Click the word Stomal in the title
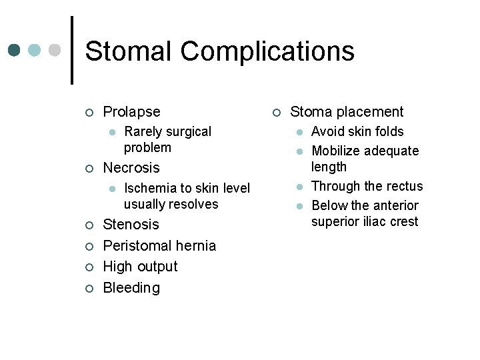(129, 51)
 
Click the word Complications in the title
(267, 51)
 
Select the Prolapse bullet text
(131, 112)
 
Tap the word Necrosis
(131, 168)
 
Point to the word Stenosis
(131, 225)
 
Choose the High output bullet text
(140, 267)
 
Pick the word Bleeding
(131, 288)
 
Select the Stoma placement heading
(347, 112)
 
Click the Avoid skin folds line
(357, 132)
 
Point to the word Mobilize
(338, 151)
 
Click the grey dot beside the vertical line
(55, 50)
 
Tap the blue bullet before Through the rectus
(301, 187)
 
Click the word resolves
(193, 205)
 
